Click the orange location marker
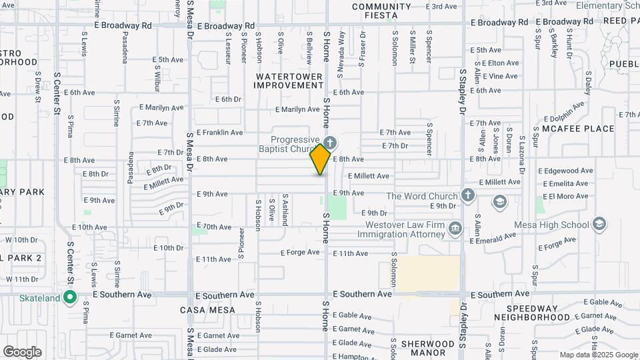click(x=321, y=159)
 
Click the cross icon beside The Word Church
click(x=468, y=195)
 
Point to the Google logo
click(x=22, y=351)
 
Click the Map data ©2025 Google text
click(x=598, y=355)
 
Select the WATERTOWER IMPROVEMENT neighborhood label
click(x=288, y=81)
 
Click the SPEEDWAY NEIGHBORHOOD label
click(x=540, y=313)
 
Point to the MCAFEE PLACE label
click(x=578, y=129)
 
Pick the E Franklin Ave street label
click(x=219, y=133)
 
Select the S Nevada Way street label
click(x=342, y=45)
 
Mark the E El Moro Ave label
click(x=568, y=196)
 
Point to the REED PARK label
click(x=621, y=21)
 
